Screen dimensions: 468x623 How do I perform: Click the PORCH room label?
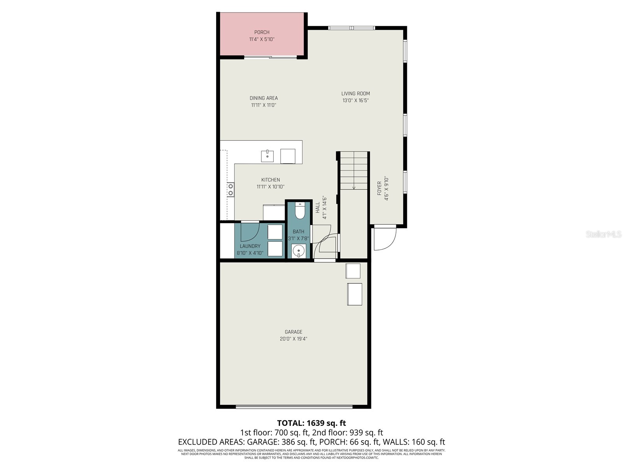click(x=262, y=32)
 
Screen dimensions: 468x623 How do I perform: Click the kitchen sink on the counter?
click(x=267, y=156)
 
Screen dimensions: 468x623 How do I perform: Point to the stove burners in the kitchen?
click(x=231, y=190)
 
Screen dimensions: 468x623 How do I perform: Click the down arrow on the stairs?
click(x=354, y=187)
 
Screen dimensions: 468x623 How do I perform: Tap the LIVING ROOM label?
click(x=355, y=94)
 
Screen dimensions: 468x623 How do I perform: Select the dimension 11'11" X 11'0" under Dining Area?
click(x=264, y=105)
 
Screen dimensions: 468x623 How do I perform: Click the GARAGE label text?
click(x=293, y=332)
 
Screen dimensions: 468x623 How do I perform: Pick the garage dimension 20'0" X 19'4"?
click(x=293, y=339)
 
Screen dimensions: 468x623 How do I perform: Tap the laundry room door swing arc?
click(x=249, y=233)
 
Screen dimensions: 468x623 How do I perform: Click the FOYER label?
click(x=379, y=189)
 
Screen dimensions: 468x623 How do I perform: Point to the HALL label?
click(x=318, y=207)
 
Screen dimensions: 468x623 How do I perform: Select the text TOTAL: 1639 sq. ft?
click(x=311, y=423)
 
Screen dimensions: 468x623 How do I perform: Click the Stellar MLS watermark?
click(x=604, y=234)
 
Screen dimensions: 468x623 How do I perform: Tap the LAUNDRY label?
click(x=250, y=246)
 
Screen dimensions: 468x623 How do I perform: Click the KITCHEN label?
click(x=270, y=180)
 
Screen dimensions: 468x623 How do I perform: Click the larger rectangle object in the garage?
click(x=354, y=294)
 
